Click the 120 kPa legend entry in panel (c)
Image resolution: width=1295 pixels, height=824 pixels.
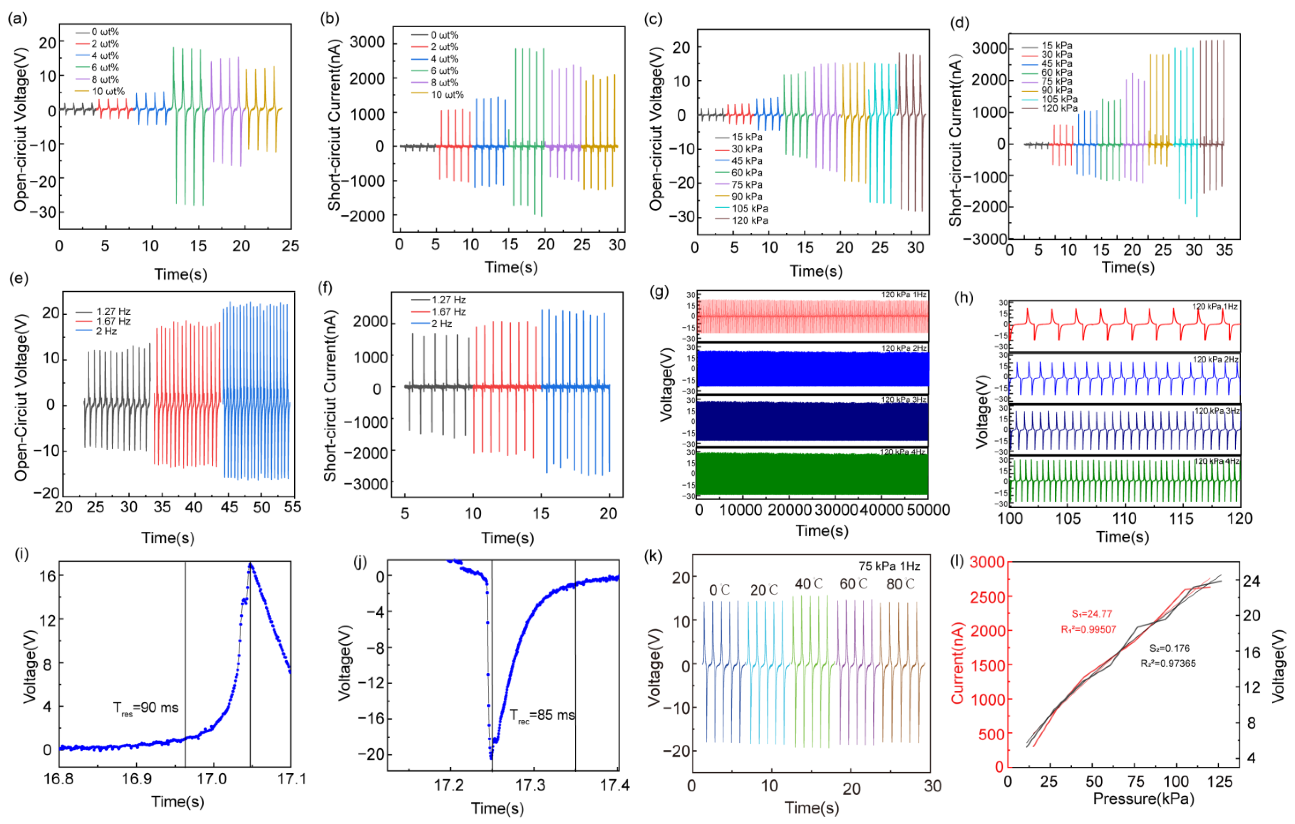tap(749, 220)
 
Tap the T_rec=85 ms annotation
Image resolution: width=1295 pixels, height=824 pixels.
tap(542, 715)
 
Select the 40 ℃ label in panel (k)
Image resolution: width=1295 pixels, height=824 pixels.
tap(809, 584)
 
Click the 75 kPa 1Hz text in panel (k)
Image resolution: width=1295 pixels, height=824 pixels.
tap(889, 566)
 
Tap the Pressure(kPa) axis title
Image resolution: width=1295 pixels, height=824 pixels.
tap(1143, 799)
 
